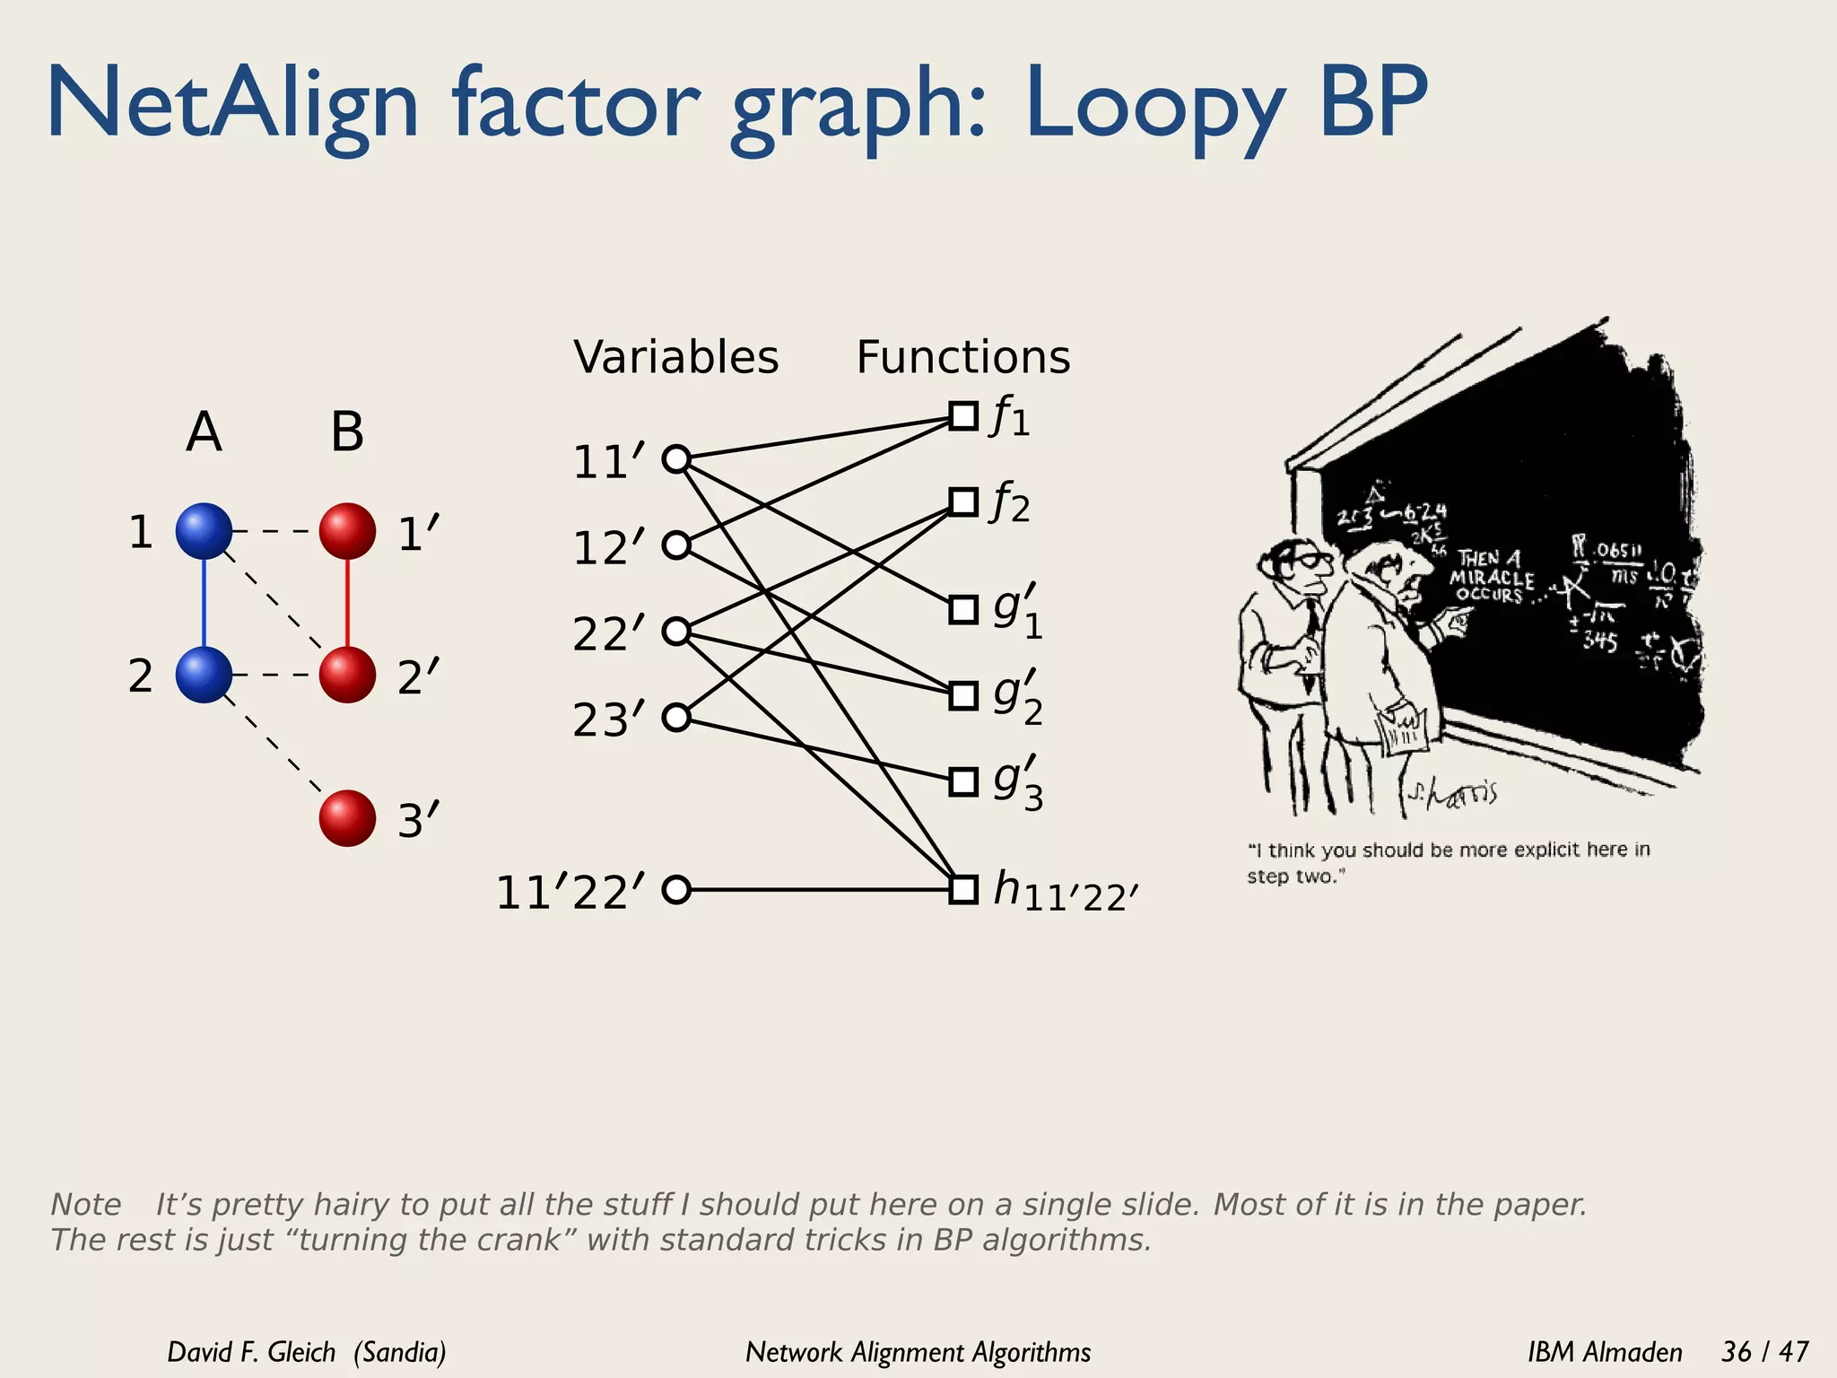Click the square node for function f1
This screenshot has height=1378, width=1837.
click(963, 416)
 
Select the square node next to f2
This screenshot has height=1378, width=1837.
click(963, 501)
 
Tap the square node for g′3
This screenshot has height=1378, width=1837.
click(963, 781)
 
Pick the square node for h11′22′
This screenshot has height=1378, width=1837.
click(963, 889)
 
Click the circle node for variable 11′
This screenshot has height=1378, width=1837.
click(675, 459)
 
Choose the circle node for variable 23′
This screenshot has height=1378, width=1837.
click(675, 717)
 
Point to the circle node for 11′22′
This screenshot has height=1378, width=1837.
click(675, 889)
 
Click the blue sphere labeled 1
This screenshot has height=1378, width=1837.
click(204, 530)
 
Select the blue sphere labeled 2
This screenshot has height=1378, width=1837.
click(204, 674)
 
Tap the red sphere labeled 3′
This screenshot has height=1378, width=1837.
click(347, 817)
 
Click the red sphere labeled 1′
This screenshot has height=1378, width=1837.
click(347, 530)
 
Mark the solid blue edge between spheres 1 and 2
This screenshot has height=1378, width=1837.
click(204, 602)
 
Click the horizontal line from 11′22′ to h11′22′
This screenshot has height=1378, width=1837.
click(816, 889)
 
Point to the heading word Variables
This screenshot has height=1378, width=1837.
click(676, 357)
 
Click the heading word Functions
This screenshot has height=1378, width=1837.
click(963, 357)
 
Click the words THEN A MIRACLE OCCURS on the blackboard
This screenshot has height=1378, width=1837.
click(1492, 576)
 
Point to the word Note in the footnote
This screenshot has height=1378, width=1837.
click(86, 1204)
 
